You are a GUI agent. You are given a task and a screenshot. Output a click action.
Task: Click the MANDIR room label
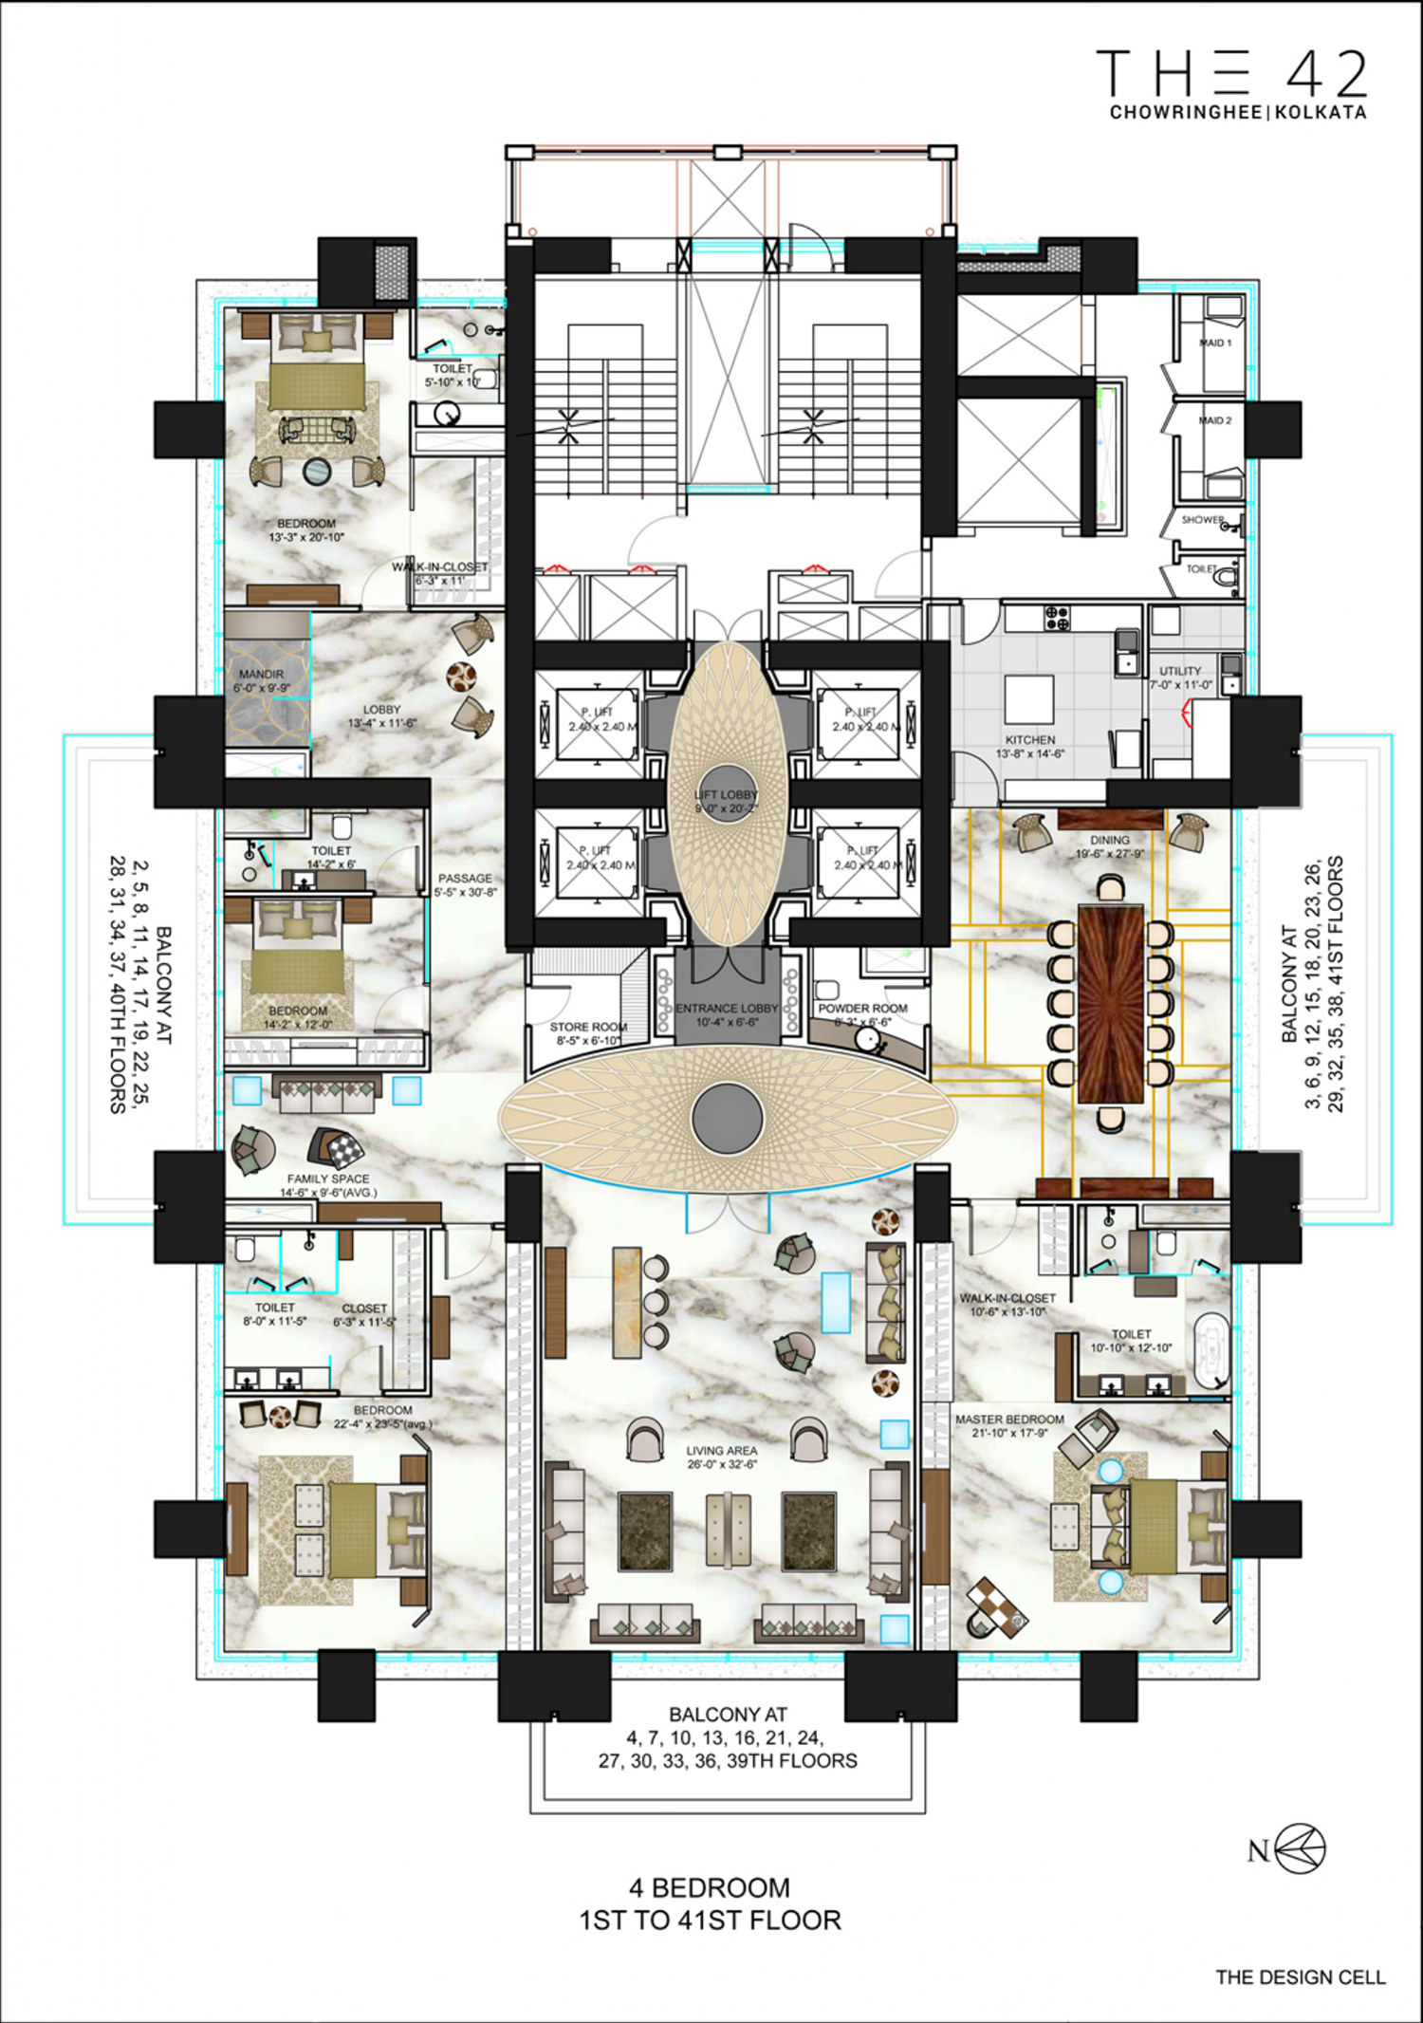[261, 674]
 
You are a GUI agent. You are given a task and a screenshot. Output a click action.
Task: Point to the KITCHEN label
[1030, 740]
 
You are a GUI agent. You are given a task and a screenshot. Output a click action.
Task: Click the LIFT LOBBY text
[727, 795]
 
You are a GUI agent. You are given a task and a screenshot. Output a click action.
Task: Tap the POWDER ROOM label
[862, 1009]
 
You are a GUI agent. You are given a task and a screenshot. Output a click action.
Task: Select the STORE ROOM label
[588, 1028]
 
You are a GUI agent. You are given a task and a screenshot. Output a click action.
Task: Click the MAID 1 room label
[1215, 343]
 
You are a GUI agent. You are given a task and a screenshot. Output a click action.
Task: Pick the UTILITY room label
[1180, 671]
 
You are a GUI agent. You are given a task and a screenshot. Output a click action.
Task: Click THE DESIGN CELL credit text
[1301, 1977]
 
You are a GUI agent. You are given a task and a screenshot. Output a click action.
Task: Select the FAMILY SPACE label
[328, 1179]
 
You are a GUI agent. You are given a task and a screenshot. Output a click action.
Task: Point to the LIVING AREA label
[722, 1451]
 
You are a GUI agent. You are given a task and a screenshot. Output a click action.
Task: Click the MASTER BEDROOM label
[1009, 1420]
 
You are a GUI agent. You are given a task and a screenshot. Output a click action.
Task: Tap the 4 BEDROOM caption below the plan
[710, 1887]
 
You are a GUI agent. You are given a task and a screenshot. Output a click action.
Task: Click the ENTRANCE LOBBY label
[727, 1009]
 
